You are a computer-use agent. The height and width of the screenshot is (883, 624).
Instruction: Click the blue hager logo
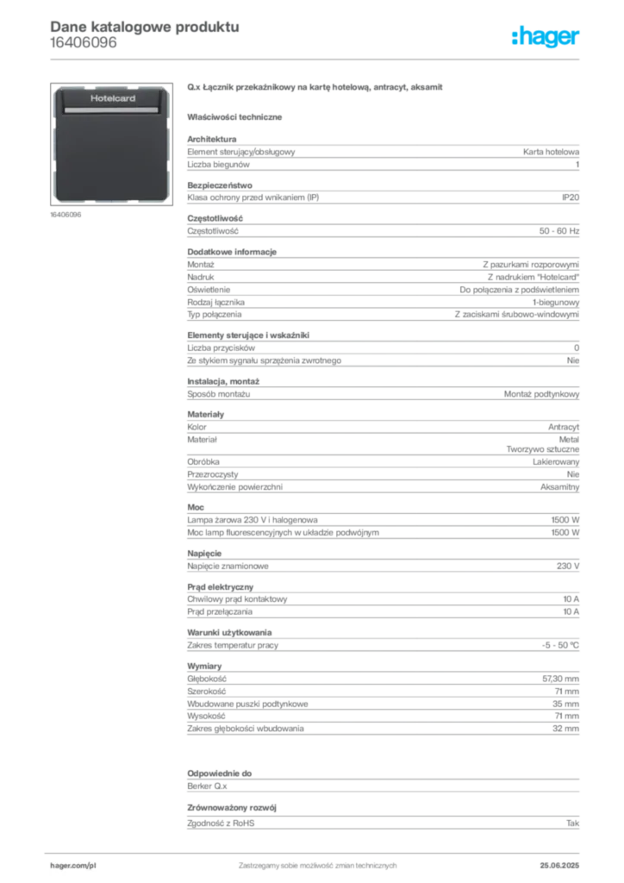pyautogui.click(x=547, y=38)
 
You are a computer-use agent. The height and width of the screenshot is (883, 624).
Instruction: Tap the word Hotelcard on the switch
pyautogui.click(x=113, y=99)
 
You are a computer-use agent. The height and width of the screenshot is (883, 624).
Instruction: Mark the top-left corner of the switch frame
pyautogui.click(x=53, y=87)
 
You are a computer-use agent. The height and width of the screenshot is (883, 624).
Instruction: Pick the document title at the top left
pyautogui.click(x=142, y=26)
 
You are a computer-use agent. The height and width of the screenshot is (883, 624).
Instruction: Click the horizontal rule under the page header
pyautogui.click(x=317, y=58)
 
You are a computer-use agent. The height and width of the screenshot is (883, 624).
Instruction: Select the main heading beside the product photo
pyautogui.click(x=316, y=87)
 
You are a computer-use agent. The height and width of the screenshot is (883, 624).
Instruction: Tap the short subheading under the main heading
pyautogui.click(x=238, y=116)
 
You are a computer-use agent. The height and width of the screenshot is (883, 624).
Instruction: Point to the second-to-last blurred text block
pyautogui.click(x=383, y=780)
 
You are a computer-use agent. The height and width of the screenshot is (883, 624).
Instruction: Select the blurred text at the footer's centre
pyautogui.click(x=316, y=861)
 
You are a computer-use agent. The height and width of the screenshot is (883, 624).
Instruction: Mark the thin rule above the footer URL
pyautogui.click(x=316, y=850)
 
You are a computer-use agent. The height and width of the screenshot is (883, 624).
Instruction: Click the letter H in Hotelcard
pyautogui.click(x=93, y=99)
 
